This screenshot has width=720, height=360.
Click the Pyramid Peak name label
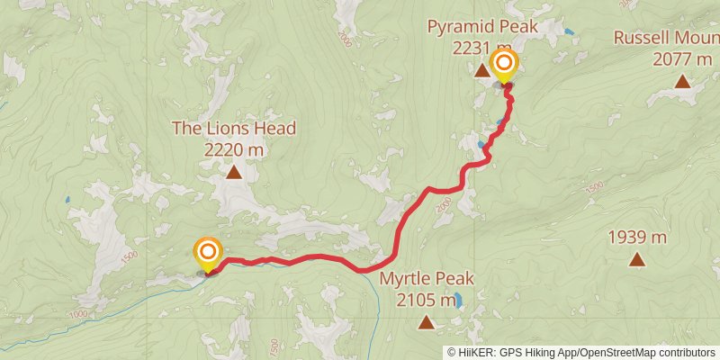click(x=482, y=27)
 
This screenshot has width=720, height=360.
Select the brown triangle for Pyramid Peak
click(x=481, y=68)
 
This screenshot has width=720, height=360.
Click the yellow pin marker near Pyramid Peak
click(x=505, y=65)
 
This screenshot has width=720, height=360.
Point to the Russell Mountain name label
click(x=666, y=38)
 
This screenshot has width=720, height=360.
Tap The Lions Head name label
click(x=234, y=129)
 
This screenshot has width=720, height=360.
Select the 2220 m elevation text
click(x=234, y=150)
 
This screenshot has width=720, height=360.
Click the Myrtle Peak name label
click(x=426, y=278)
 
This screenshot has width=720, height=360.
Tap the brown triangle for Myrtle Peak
click(x=426, y=322)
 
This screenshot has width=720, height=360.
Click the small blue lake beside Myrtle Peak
click(x=459, y=301)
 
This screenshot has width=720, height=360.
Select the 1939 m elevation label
click(x=637, y=238)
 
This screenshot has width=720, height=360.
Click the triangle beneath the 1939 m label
click(x=637, y=260)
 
